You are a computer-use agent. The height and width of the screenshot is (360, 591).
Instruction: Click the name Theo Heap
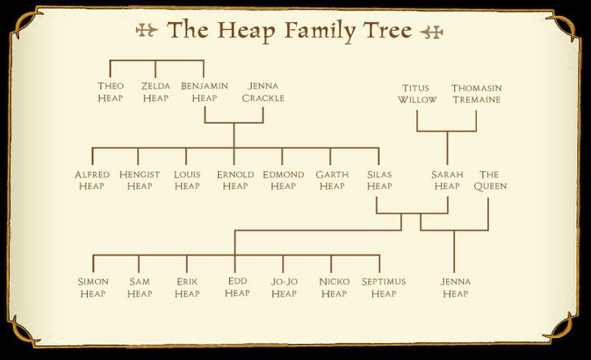click(110, 91)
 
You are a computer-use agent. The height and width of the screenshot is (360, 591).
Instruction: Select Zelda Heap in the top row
click(155, 91)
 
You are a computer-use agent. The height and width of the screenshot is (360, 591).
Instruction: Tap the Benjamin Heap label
click(204, 91)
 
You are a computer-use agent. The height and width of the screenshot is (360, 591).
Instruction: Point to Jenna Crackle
click(263, 91)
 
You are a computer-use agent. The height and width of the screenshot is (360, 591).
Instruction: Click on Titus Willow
click(416, 94)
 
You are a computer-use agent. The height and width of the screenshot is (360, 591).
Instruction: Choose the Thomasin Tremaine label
click(475, 94)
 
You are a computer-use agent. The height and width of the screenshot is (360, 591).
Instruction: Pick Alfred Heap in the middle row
click(92, 180)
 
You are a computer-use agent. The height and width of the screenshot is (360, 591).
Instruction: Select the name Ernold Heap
click(235, 180)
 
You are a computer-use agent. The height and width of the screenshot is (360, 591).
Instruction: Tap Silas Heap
click(380, 180)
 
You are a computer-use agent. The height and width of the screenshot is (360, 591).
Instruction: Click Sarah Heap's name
click(447, 180)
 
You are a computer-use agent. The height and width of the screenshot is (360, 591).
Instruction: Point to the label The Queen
click(492, 180)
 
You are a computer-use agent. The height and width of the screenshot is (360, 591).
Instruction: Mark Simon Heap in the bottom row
click(93, 287)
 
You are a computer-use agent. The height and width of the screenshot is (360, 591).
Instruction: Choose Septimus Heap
click(384, 287)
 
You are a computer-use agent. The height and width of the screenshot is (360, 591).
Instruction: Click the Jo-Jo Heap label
click(284, 287)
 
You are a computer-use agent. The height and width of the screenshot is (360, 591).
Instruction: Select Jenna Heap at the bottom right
click(456, 287)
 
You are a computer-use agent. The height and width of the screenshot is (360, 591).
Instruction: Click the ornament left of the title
click(147, 31)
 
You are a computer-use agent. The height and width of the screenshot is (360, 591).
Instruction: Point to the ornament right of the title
click(432, 32)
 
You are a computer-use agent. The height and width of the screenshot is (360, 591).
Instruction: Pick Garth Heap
click(332, 180)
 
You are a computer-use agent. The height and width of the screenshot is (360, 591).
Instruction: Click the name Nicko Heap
click(334, 287)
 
